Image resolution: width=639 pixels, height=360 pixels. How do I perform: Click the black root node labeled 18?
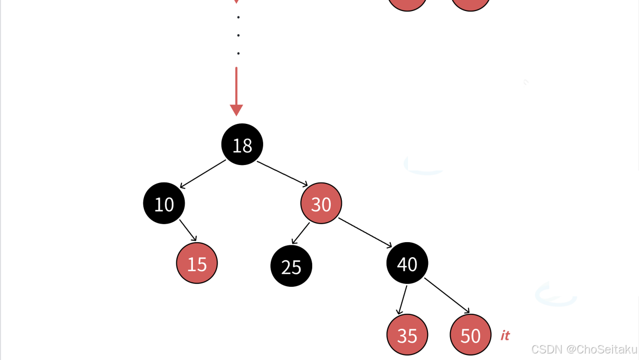tap(242, 144)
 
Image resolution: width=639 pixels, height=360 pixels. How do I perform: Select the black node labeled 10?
tap(164, 204)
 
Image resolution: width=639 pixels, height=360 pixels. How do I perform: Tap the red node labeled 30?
tap(321, 204)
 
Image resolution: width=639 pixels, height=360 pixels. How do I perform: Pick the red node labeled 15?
tap(197, 263)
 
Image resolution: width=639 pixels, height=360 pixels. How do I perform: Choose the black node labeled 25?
tap(291, 266)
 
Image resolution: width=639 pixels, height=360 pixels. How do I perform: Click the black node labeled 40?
tap(407, 263)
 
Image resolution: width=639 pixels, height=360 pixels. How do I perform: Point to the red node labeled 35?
tap(407, 335)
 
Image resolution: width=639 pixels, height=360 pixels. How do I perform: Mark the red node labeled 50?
tap(470, 335)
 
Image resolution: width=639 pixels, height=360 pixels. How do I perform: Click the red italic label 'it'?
tap(505, 335)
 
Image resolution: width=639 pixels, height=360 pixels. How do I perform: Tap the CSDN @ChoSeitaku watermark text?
tap(584, 349)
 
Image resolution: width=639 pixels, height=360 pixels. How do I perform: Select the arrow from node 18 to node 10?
tap(203, 174)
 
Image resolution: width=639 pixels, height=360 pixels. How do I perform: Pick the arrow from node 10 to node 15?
tap(188, 230)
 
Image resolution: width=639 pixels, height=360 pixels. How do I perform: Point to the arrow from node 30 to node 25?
tap(301, 233)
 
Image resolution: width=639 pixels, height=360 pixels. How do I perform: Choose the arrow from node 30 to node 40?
tap(365, 232)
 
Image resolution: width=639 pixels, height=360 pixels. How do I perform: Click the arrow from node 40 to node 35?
tap(402, 300)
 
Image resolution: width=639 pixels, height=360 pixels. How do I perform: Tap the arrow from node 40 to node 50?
tap(447, 295)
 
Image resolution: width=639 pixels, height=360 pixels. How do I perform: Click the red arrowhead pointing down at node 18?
tap(236, 110)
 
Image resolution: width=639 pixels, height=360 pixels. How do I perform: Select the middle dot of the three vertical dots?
tap(239, 35)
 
